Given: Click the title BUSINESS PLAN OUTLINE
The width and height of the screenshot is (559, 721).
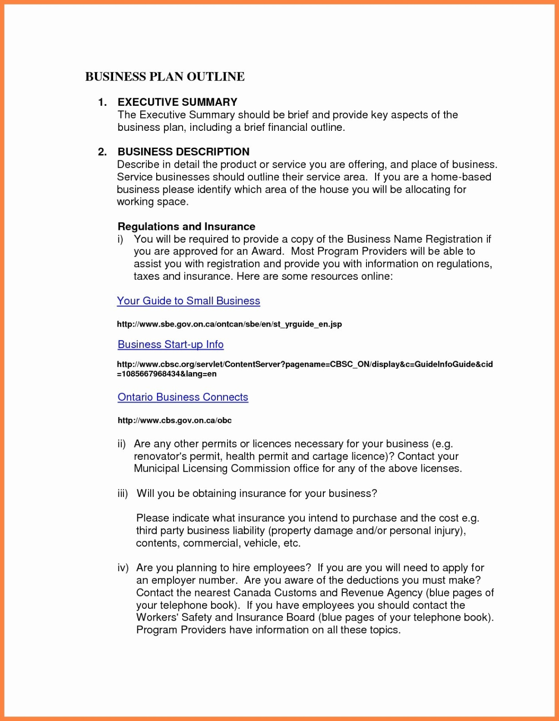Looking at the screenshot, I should (165, 76).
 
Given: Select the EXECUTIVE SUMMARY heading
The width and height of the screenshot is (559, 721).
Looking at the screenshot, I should (178, 102).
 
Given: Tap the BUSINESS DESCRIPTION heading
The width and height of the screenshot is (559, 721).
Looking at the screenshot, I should (183, 152).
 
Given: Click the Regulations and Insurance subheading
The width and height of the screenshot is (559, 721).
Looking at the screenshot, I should (186, 226).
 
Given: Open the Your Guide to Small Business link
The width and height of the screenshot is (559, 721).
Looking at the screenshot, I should (188, 301).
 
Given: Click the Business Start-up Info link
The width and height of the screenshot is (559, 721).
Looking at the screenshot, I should (171, 344).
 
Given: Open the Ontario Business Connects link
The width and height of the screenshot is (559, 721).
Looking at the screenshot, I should (183, 397).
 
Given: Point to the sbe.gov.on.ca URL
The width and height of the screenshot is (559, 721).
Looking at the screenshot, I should (229, 324).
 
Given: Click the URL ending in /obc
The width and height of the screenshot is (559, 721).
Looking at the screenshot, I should (175, 420).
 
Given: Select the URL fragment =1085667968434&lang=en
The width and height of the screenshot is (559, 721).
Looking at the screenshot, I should (167, 374).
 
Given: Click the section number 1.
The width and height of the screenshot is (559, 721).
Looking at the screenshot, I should (102, 102).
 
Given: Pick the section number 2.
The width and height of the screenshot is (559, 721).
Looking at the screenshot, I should (102, 152).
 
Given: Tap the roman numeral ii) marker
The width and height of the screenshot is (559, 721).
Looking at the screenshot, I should (121, 444).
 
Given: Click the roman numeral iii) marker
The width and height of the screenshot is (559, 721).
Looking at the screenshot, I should (123, 493).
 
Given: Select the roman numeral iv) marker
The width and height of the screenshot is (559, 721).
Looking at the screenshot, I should (123, 567).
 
